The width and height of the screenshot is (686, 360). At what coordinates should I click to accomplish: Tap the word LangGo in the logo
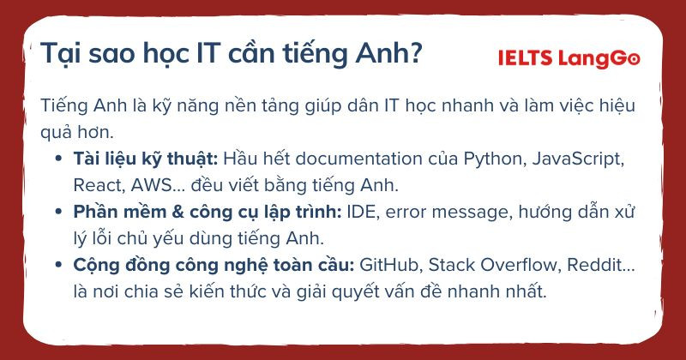coord(599,59)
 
